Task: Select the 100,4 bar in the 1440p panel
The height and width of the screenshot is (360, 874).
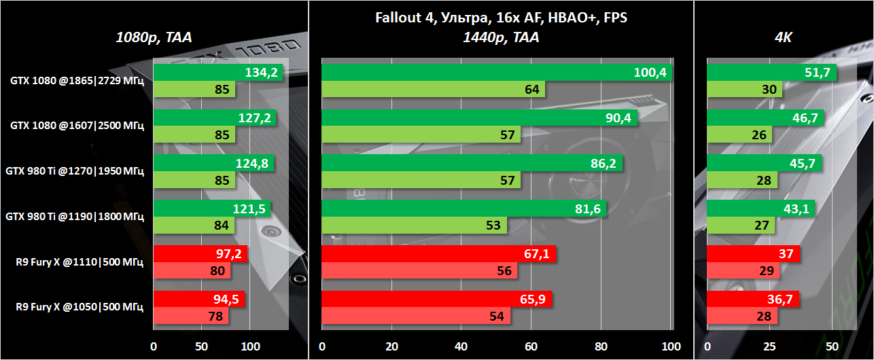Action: coord(496,73)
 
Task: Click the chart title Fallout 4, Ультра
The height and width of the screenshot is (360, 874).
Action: coord(501,18)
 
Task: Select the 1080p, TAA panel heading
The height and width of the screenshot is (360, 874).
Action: coord(154,38)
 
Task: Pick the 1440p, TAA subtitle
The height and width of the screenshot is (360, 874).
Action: coord(501,38)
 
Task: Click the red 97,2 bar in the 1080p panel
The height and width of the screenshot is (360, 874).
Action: coord(200,254)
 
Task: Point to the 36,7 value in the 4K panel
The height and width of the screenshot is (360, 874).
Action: coord(783,299)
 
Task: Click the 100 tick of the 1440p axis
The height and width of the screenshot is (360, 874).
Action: coord(671,346)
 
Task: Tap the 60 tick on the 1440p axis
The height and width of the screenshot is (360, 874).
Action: coord(531,346)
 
